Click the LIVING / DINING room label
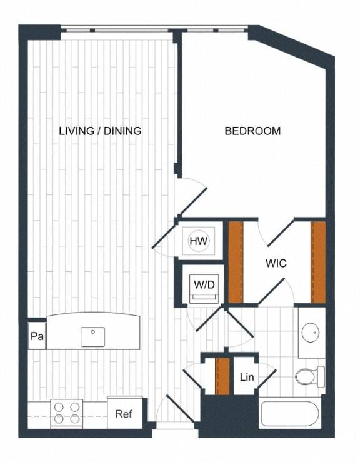(x=100, y=131)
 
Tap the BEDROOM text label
(x=252, y=131)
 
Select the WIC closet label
(x=276, y=264)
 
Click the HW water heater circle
(x=199, y=241)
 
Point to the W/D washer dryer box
(x=204, y=285)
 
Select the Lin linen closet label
(x=246, y=378)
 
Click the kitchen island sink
(x=92, y=336)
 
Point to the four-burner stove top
(x=67, y=413)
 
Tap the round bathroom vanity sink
(x=310, y=332)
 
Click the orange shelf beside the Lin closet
(x=222, y=376)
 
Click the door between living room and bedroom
(x=191, y=193)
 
